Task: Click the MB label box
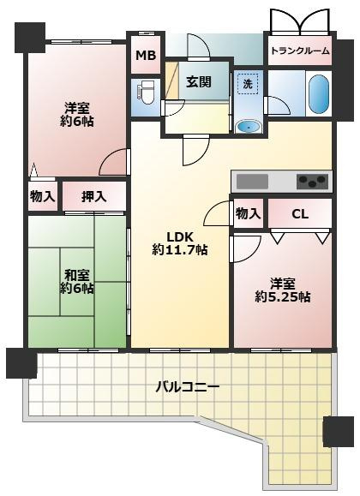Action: pyautogui.click(x=145, y=56)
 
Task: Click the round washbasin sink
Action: pyautogui.click(x=249, y=126)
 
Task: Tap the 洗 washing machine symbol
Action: pyautogui.click(x=247, y=84)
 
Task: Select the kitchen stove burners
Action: pyautogui.click(x=312, y=181)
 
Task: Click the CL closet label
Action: pyautogui.click(x=299, y=214)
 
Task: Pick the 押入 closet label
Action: pyautogui.click(x=93, y=197)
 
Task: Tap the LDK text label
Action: pyautogui.click(x=180, y=236)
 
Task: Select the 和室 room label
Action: pyautogui.click(x=77, y=275)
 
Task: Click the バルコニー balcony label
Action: pyautogui.click(x=187, y=387)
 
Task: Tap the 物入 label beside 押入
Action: pyautogui.click(x=42, y=197)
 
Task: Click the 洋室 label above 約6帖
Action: pyautogui.click(x=77, y=108)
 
